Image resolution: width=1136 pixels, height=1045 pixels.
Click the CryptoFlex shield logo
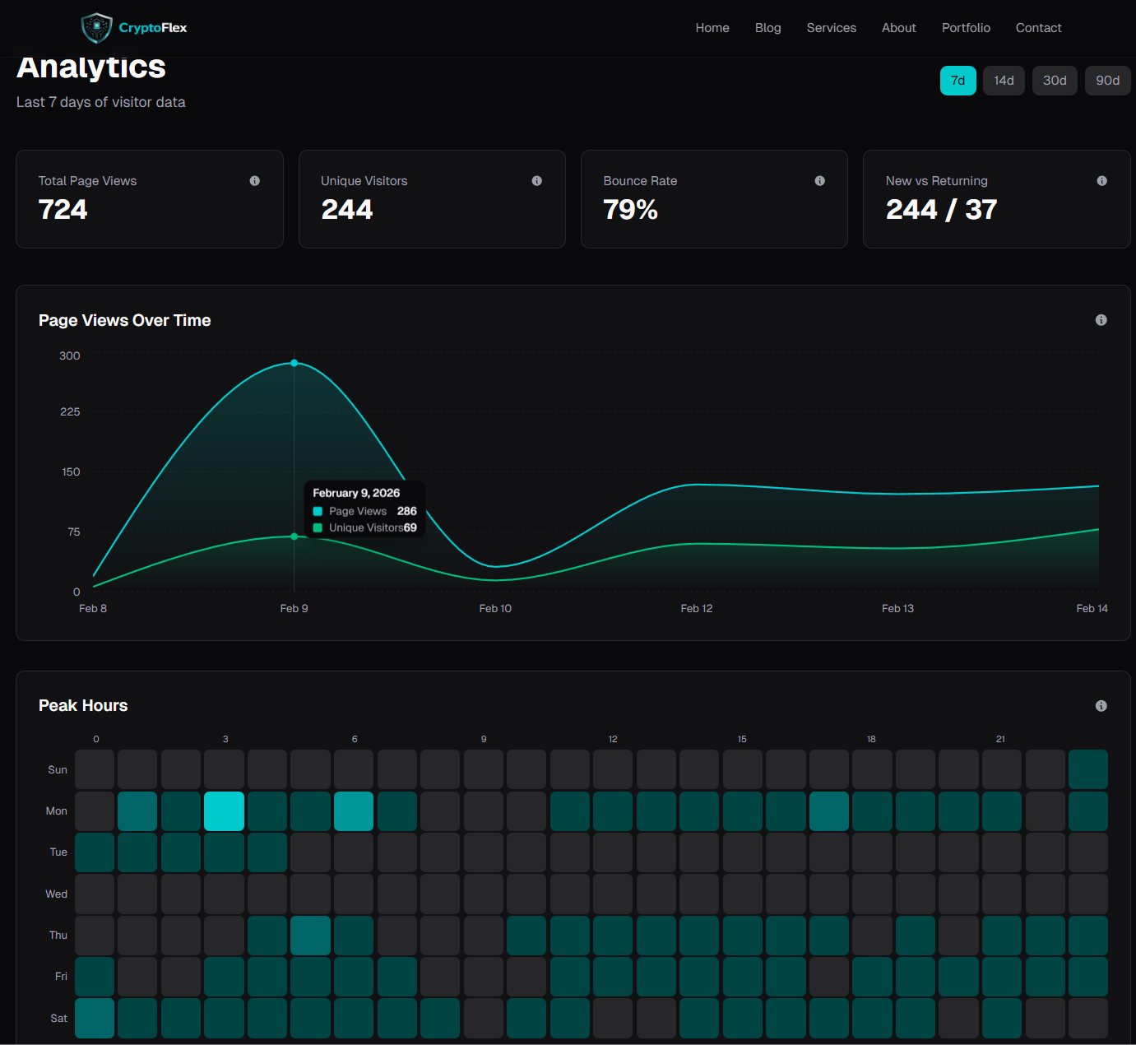(x=96, y=28)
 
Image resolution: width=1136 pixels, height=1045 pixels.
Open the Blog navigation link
(x=767, y=28)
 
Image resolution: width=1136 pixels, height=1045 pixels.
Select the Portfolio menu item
(x=966, y=28)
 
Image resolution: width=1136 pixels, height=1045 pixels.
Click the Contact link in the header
(x=1038, y=28)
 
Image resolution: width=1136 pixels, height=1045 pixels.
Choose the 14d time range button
(x=1004, y=81)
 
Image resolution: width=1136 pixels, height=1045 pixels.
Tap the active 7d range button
(x=957, y=81)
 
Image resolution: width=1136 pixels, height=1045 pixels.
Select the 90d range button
(x=1107, y=81)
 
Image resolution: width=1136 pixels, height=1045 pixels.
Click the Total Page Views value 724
(x=63, y=210)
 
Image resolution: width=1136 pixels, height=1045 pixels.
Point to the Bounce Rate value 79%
(x=630, y=210)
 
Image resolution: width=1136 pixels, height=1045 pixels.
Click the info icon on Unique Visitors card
(x=536, y=181)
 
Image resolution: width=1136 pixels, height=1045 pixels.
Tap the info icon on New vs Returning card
(x=1101, y=181)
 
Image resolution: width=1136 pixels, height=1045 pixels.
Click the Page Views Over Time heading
(x=125, y=321)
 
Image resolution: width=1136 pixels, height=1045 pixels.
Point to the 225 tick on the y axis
(x=70, y=411)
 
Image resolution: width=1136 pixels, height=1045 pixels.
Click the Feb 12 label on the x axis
(x=696, y=609)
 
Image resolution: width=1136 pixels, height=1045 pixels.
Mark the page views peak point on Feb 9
(x=294, y=363)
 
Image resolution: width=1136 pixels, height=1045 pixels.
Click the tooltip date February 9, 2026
(x=356, y=493)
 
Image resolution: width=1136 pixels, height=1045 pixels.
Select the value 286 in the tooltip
(x=406, y=511)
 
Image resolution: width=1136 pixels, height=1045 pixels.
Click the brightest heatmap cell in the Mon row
(x=224, y=811)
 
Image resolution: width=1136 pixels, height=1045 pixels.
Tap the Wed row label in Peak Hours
(x=57, y=894)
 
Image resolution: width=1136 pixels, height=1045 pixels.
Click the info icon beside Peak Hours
(x=1101, y=706)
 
